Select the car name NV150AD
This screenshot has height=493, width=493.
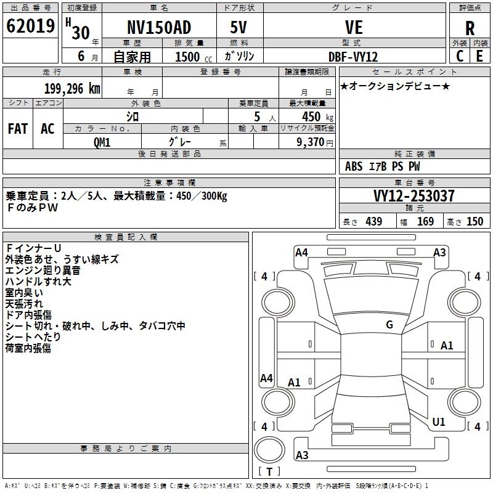click(158, 28)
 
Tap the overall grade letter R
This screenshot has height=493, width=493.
click(470, 28)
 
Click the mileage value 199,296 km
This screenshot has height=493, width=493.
click(72, 88)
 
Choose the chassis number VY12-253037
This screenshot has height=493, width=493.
click(414, 196)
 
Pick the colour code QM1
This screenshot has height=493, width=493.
click(102, 142)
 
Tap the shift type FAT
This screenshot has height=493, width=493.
click(17, 129)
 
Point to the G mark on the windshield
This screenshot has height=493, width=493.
click(389, 325)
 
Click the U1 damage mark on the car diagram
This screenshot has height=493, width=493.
click(438, 422)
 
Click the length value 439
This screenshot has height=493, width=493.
click(373, 221)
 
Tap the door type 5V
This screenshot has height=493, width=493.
click(240, 28)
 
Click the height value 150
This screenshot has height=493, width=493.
click(475, 221)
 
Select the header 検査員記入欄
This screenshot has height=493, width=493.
click(126, 237)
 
